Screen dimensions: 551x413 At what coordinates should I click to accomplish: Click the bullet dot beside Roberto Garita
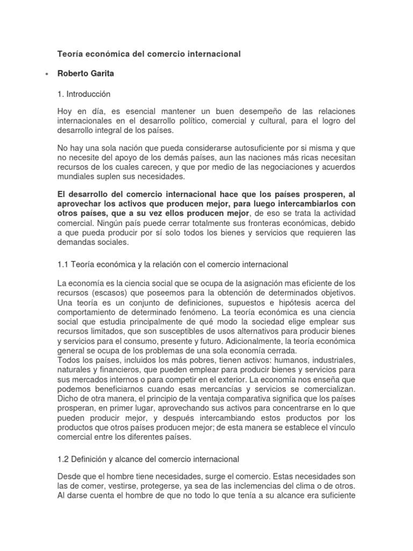[x=47, y=74]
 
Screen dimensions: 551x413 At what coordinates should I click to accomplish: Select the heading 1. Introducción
[x=83, y=94]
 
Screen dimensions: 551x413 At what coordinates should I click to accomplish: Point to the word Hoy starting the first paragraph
[x=65, y=111]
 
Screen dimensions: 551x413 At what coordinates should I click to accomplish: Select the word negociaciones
[x=275, y=167]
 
